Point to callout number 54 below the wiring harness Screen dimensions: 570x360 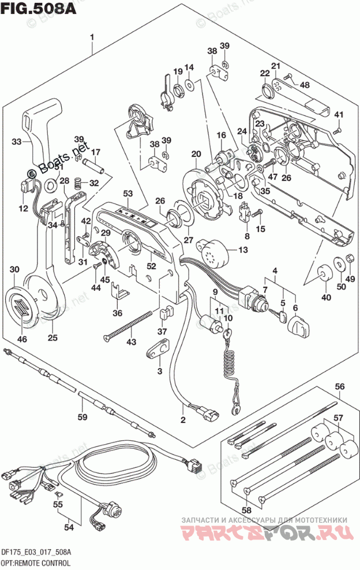(69, 527)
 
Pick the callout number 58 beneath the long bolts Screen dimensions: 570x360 (246, 510)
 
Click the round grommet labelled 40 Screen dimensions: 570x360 (323, 272)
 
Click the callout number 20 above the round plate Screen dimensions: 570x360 (196, 153)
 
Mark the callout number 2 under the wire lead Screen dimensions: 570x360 (183, 419)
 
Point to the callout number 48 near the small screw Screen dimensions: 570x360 (304, 85)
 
